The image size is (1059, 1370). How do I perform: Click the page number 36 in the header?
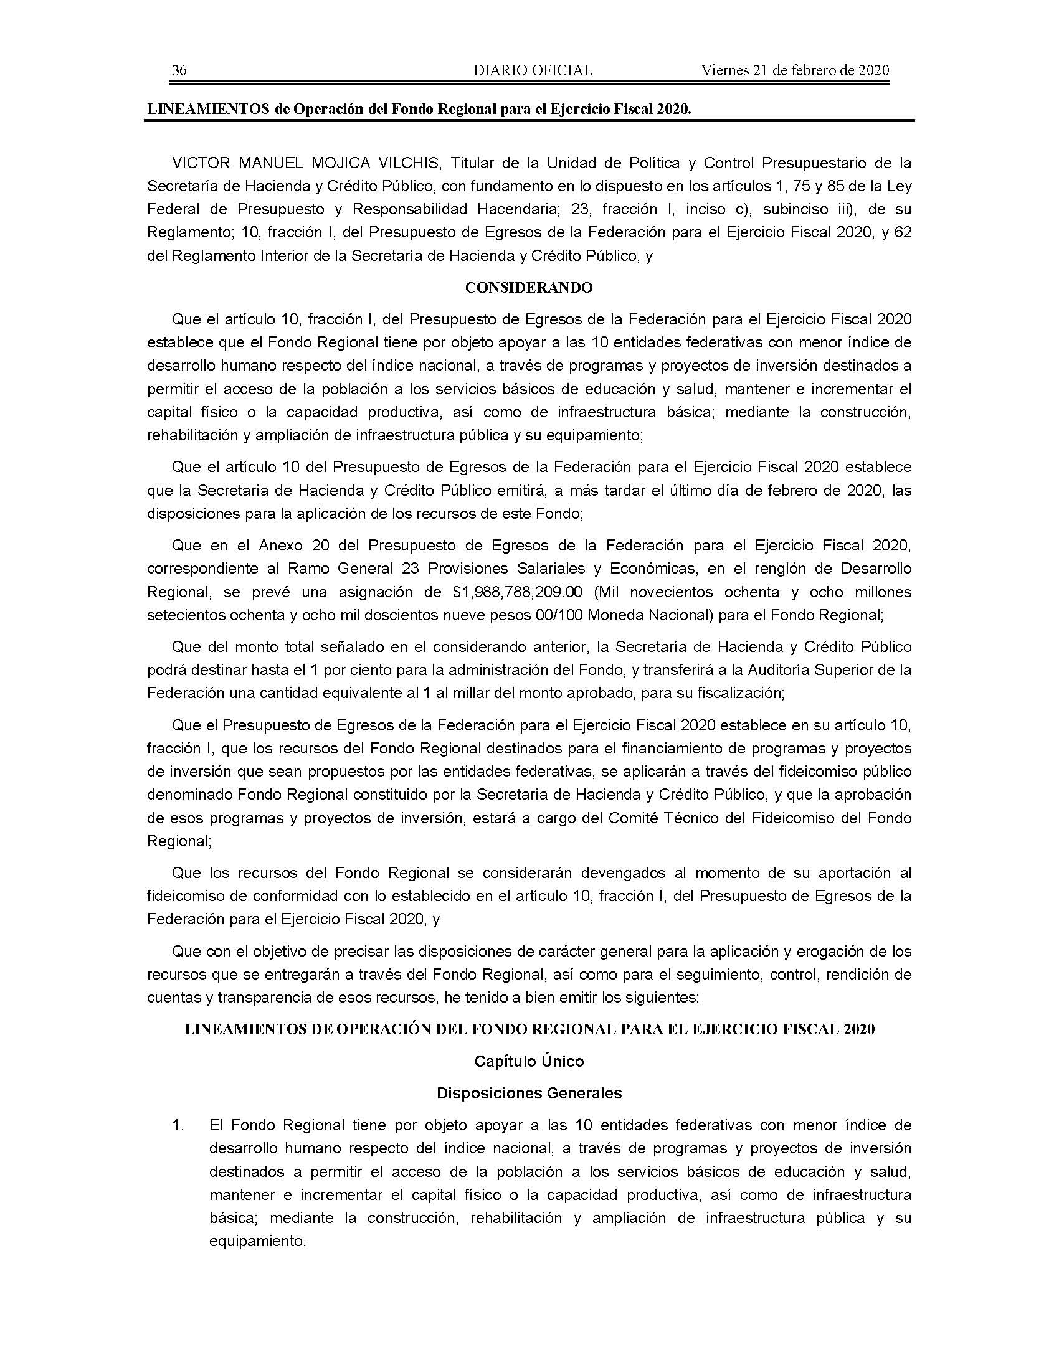(x=179, y=70)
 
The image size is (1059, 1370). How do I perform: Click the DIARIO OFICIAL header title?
(x=533, y=70)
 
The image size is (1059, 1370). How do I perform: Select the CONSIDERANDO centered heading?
(x=529, y=288)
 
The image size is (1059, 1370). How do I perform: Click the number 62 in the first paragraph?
(x=903, y=232)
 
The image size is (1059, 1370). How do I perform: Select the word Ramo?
(x=304, y=569)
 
